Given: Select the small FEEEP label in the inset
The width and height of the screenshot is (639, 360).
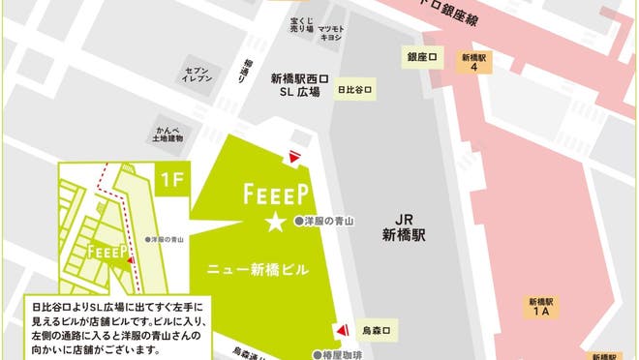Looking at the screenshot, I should [103, 251].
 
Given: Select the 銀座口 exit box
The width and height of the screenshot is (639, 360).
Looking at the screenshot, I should [423, 58].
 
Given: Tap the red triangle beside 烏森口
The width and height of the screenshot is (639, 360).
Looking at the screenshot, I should [340, 331].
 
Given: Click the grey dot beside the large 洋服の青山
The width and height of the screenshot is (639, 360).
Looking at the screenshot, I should [299, 222].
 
